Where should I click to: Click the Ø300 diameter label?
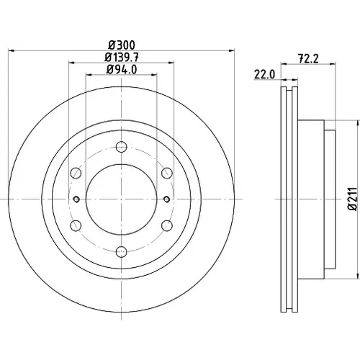point(122,45)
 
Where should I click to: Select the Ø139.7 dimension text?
point(122,57)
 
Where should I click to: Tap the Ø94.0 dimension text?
point(122,70)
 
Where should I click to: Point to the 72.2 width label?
point(308,59)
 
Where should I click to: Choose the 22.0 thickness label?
point(264,75)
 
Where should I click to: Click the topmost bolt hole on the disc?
point(121,147)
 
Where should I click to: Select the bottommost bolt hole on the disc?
point(121,251)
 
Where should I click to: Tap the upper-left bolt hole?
point(76,173)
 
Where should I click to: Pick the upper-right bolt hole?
point(167,173)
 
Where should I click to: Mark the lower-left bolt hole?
point(76,225)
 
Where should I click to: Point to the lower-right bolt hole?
point(167,225)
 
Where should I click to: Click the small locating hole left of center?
point(76,199)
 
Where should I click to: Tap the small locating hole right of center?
point(166,199)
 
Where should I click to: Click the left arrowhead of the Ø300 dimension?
point(12,51)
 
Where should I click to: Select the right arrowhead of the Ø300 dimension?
point(231,51)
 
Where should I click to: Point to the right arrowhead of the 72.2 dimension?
point(333,63)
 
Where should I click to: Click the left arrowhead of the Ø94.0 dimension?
point(89,75)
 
